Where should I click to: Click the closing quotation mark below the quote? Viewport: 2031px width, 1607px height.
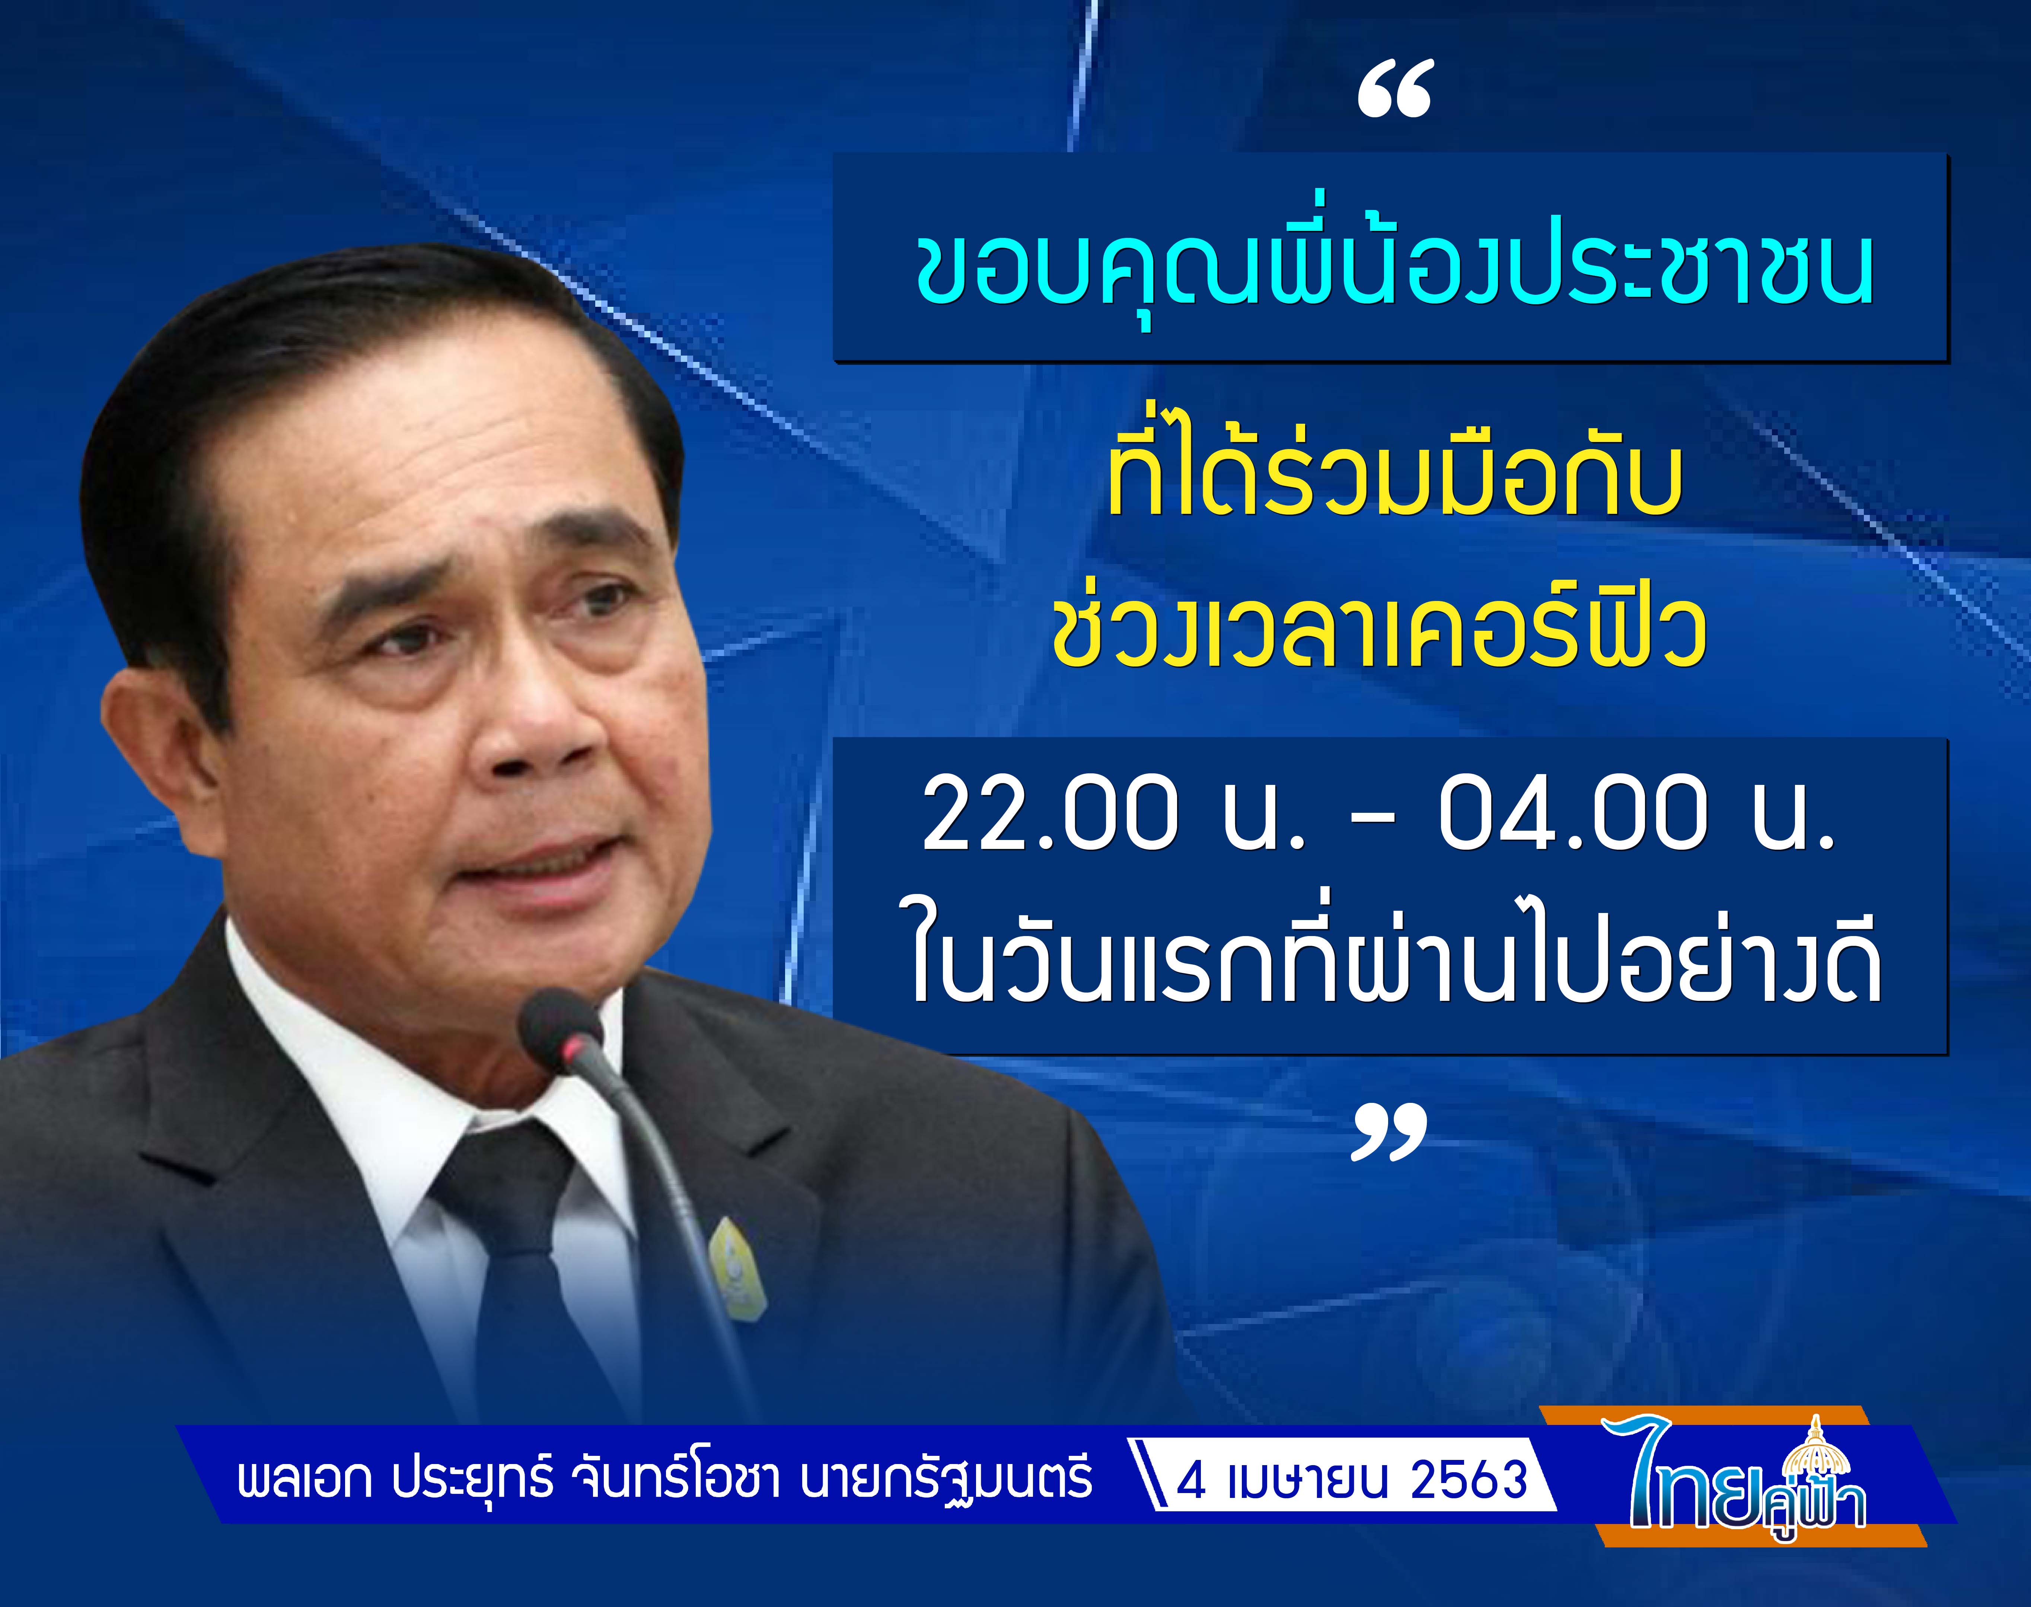click(1390, 1132)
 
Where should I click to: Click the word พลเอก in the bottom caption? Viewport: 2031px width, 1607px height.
click(304, 1481)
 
